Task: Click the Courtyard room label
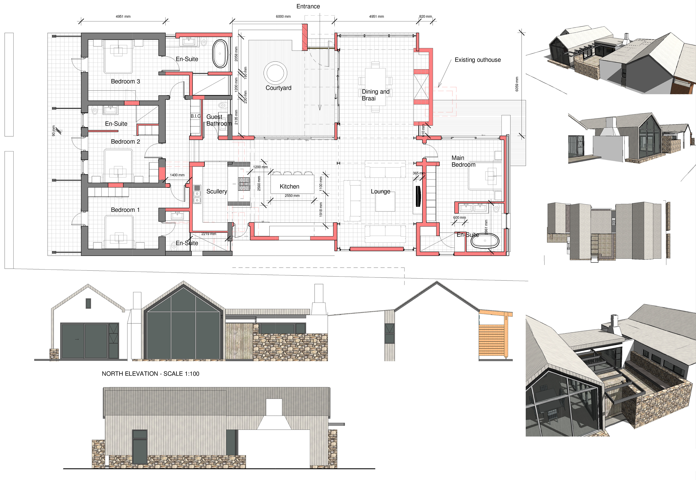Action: click(x=278, y=88)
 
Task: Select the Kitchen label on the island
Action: click(x=289, y=186)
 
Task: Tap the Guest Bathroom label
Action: click(x=219, y=120)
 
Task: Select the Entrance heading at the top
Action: click(x=308, y=6)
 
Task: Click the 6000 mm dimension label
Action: click(x=283, y=16)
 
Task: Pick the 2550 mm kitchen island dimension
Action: click(x=292, y=196)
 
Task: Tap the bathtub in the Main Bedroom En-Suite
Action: click(x=485, y=241)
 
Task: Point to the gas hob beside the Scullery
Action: click(x=244, y=184)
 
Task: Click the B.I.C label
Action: click(x=195, y=116)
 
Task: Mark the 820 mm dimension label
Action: click(x=425, y=16)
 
